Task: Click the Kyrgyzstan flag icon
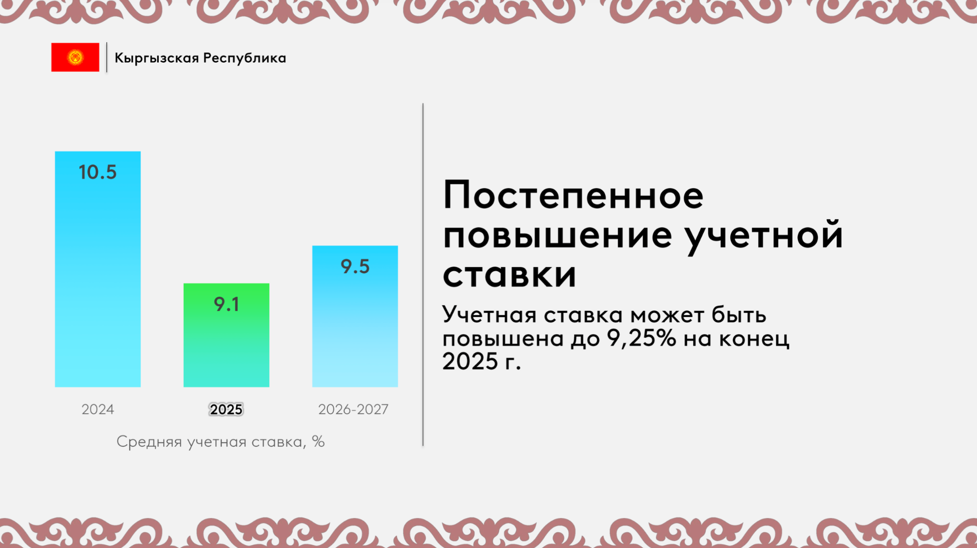75,57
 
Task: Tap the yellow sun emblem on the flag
75,57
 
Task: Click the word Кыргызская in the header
157,59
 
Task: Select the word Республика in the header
244,59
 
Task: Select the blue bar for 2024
98,269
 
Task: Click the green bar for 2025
226,335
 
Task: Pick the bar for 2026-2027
355,316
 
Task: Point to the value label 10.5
98,172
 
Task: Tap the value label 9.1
226,304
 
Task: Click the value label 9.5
355,267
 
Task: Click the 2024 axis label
98,410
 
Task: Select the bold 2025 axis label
226,410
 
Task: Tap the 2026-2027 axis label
353,410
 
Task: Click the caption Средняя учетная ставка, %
220,442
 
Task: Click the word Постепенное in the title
573,195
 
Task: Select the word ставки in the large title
509,275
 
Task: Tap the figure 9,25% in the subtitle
642,338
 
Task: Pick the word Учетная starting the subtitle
490,315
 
